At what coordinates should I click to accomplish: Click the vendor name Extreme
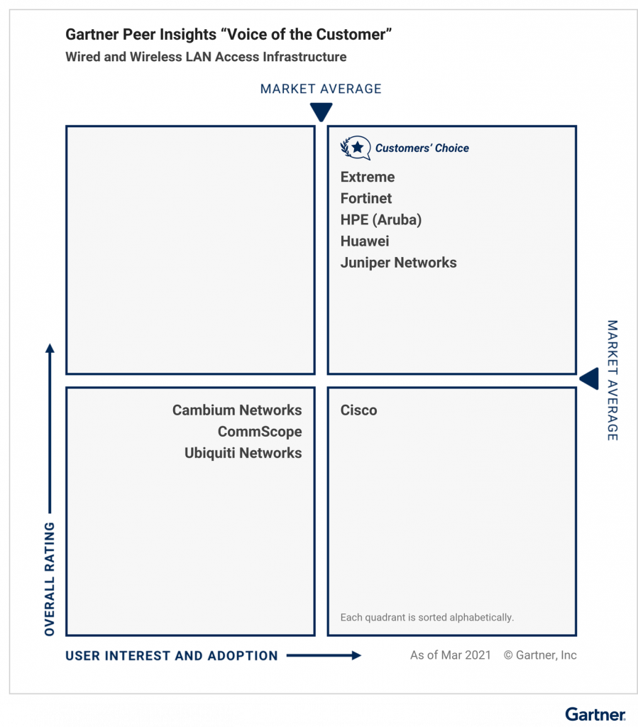(x=367, y=177)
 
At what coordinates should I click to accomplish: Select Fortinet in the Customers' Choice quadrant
(x=365, y=199)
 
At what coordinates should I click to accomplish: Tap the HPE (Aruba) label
(x=380, y=220)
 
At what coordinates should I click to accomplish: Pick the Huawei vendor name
(x=365, y=241)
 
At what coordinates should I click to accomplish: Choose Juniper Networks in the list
(x=398, y=263)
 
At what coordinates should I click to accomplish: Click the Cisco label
(x=358, y=410)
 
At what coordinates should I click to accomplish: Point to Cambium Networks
(x=237, y=410)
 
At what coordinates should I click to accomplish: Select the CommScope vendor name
(x=260, y=432)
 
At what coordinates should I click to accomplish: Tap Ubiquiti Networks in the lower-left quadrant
(x=243, y=453)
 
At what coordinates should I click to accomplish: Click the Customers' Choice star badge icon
(x=356, y=148)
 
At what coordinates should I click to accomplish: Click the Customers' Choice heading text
(x=422, y=148)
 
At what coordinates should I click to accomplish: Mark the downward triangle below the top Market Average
(x=321, y=112)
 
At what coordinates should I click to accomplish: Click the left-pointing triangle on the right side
(x=589, y=378)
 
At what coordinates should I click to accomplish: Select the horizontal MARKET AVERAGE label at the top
(x=321, y=89)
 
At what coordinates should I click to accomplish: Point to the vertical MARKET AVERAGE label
(x=612, y=381)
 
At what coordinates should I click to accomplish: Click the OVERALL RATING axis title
(x=50, y=579)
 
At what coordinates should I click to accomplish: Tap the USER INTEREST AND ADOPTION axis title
(x=172, y=656)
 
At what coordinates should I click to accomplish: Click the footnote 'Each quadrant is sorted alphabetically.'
(x=427, y=618)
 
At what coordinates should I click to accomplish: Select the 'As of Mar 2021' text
(x=450, y=655)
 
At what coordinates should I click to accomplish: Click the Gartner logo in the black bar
(x=595, y=714)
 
